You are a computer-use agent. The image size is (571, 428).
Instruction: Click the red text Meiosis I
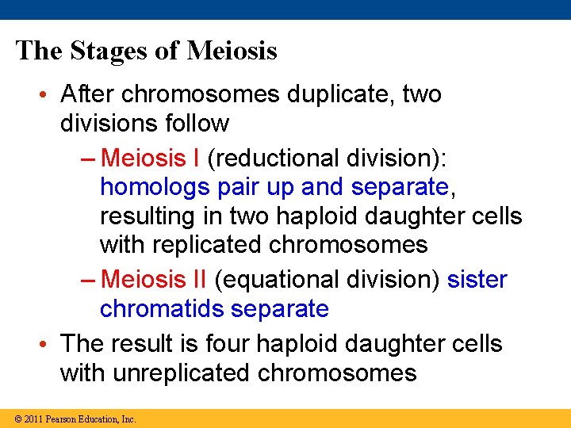pyautogui.click(x=151, y=158)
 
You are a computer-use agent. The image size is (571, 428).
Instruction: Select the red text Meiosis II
pyautogui.click(x=154, y=279)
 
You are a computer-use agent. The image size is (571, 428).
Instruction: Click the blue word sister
pyautogui.click(x=477, y=279)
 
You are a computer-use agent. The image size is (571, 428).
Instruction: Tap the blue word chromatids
pyautogui.click(x=161, y=308)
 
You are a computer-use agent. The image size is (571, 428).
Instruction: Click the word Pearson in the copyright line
pyautogui.click(x=62, y=418)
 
